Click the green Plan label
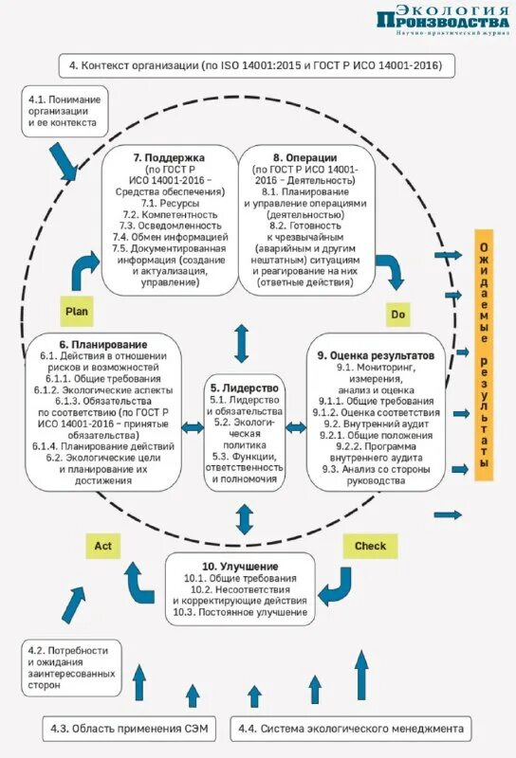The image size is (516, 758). tap(76, 310)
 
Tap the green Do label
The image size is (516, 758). tap(398, 314)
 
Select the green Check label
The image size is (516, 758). tap(370, 546)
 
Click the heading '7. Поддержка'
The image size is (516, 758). tap(169, 156)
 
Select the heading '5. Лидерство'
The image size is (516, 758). tap(245, 388)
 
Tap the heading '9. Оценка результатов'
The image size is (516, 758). tap(376, 354)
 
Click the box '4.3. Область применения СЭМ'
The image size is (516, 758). tap(128, 729)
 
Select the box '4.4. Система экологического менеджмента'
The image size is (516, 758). tap(351, 729)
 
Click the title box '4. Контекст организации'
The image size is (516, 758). tap(255, 66)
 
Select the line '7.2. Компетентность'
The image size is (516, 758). tap(169, 215)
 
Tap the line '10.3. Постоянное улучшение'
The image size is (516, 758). tap(241, 613)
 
